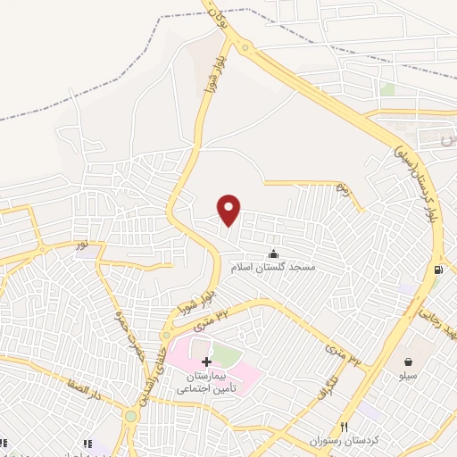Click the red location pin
tap(230, 209)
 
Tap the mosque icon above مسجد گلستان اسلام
tap(272, 254)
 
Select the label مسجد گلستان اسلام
tap(276, 267)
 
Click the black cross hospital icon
tap(207, 361)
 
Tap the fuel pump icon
tap(437, 270)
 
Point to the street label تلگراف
tap(330, 385)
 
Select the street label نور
tap(81, 243)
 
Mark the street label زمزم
tap(341, 189)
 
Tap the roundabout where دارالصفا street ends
tap(132, 415)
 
